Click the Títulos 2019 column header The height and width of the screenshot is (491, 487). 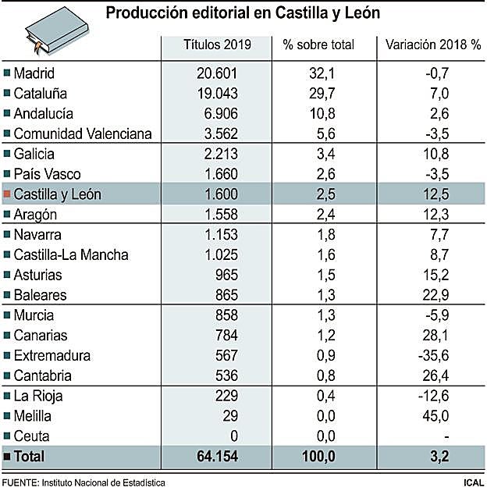tap(217, 44)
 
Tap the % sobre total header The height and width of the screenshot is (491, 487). tap(318, 44)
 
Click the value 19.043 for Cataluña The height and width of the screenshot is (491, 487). tap(216, 94)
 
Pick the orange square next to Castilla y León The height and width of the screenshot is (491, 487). tap(8, 194)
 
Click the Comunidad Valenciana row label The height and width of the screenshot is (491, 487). tap(82, 133)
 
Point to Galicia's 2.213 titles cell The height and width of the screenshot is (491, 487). tap(219, 154)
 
